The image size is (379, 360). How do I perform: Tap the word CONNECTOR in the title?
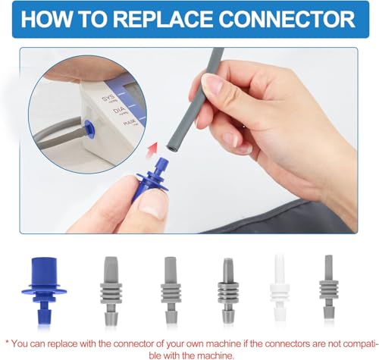coord(287,19)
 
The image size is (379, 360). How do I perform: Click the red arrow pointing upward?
coord(152,150)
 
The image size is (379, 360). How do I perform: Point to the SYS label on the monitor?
coord(108,99)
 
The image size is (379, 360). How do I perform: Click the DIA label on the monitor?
coord(120,111)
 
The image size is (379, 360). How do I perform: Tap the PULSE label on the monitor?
coord(130,123)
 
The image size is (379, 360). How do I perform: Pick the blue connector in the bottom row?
coord(44,291)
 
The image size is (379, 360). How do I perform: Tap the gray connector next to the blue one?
coord(111,291)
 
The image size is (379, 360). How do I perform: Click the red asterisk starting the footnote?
coord(8,343)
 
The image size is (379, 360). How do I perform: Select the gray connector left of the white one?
coord(228,291)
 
